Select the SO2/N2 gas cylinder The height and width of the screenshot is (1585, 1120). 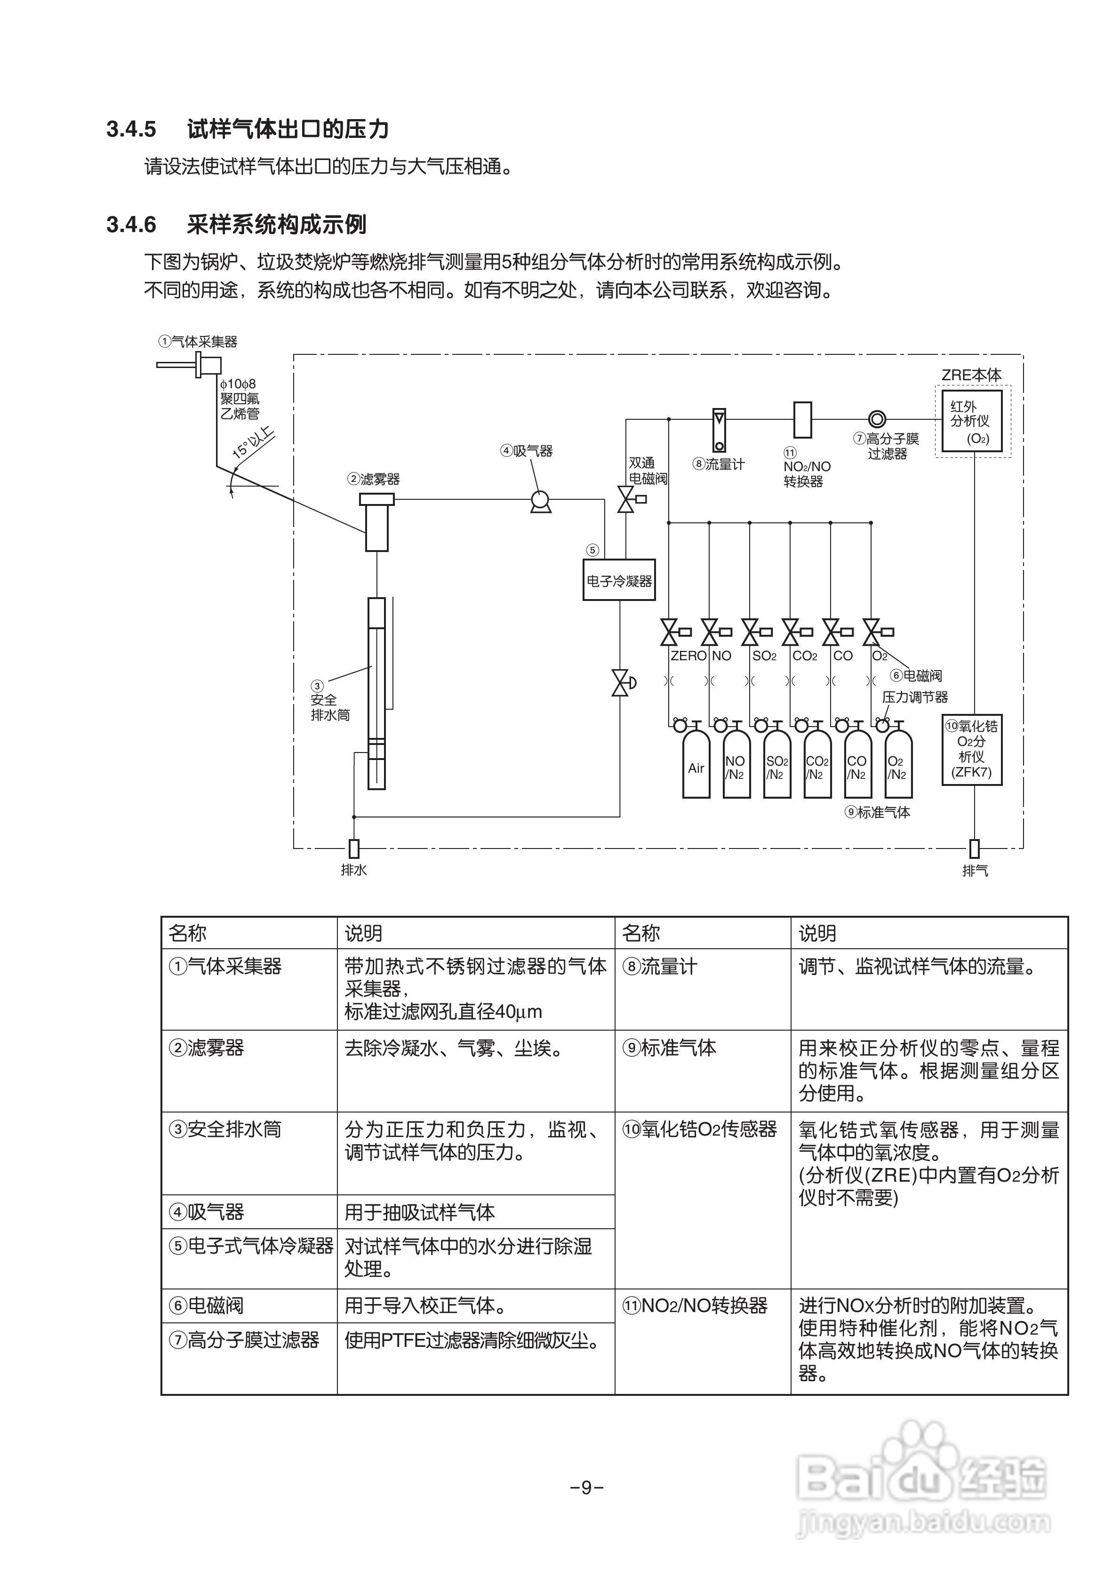coord(777,767)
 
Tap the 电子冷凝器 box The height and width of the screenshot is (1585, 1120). coord(619,581)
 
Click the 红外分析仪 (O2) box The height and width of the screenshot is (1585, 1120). coord(972,421)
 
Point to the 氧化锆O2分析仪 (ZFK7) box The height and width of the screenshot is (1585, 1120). coord(972,750)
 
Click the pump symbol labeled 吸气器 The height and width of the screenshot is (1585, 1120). coord(540,500)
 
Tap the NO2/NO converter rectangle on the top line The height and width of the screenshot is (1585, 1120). coord(802,419)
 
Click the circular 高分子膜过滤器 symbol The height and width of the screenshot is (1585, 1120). coord(877,419)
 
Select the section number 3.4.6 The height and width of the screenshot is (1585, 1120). coord(131,225)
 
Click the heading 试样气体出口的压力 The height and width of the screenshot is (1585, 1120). coord(288,129)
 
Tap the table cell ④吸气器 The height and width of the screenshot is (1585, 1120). coord(207,1211)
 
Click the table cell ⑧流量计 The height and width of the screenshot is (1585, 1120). coord(659,967)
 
